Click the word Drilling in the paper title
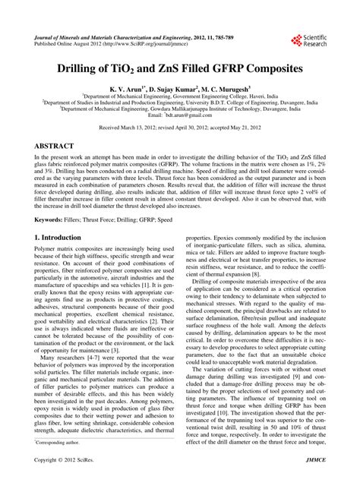pos(104,68)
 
